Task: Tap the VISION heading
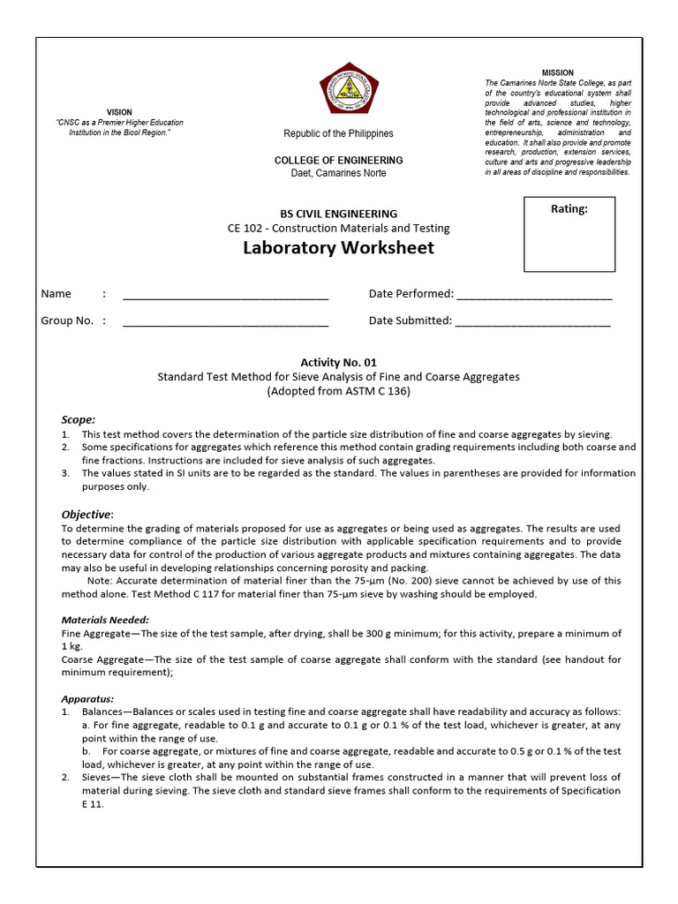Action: point(119,112)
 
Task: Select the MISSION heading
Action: point(557,72)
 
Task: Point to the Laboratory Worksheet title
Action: point(338,248)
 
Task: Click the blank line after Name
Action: point(225,296)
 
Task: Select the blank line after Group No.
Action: point(225,322)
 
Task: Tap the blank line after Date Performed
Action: point(534,296)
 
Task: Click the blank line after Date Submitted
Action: point(532,322)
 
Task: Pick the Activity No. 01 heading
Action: point(338,362)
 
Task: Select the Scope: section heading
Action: point(78,419)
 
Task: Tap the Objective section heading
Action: point(87,514)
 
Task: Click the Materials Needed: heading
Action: point(105,620)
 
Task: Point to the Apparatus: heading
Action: point(87,697)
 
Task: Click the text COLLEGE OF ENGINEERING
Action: point(338,161)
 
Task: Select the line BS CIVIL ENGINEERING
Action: point(338,214)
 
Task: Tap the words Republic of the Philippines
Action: point(338,133)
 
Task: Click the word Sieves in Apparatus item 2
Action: point(100,777)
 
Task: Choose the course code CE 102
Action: point(245,228)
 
